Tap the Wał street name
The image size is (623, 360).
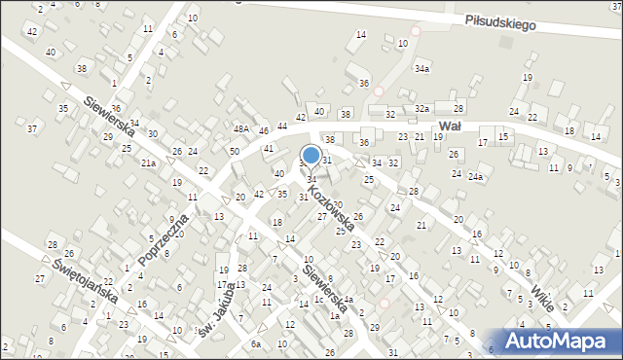tap(449, 126)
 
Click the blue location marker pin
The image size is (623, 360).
tap(311, 156)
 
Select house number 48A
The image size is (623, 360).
tap(240, 128)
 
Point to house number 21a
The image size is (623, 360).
tap(148, 162)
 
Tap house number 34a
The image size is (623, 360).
tap(421, 70)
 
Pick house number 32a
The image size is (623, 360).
tap(421, 108)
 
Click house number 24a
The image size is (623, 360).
tap(475, 176)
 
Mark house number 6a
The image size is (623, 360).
tap(256, 344)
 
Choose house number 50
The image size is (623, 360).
tap(235, 152)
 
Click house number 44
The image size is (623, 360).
tap(282, 126)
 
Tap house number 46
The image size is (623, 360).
tap(264, 130)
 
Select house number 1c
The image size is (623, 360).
tap(319, 299)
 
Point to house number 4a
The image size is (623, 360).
tap(348, 299)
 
